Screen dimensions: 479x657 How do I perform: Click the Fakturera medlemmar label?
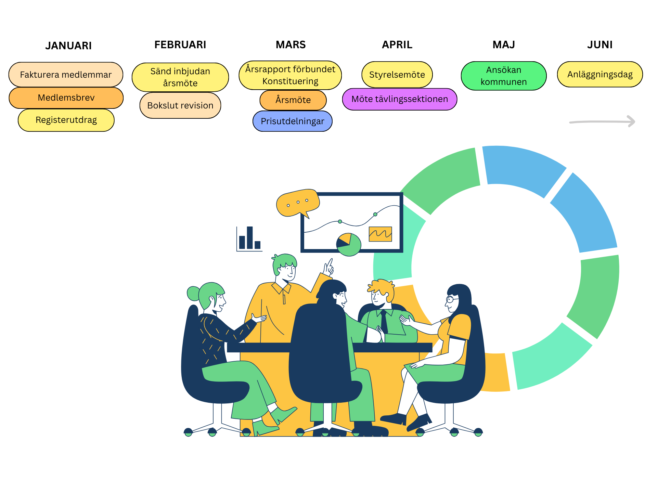[x=66, y=75]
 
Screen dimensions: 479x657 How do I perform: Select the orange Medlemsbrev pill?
[x=66, y=98]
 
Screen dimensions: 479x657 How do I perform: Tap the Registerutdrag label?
[x=66, y=120]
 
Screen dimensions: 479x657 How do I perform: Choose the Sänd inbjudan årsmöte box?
[x=180, y=77]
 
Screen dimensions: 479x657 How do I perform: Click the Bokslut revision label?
[x=180, y=105]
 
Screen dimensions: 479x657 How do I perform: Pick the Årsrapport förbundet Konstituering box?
[x=290, y=75]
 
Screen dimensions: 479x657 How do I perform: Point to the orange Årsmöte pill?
[x=293, y=100]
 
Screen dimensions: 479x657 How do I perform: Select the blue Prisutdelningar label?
[x=293, y=121]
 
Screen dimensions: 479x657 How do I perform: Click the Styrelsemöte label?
[x=397, y=75]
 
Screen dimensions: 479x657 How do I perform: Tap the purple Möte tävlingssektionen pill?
[x=400, y=99]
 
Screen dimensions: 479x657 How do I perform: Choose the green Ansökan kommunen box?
[x=504, y=76]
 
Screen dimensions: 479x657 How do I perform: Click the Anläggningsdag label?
[x=600, y=75]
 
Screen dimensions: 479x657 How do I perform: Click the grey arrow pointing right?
[x=602, y=121]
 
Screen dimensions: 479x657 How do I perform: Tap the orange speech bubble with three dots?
[x=297, y=203]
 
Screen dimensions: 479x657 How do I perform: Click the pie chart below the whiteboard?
[x=349, y=245]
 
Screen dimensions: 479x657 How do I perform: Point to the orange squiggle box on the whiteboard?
[x=380, y=234]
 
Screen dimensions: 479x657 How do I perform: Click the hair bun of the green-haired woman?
[x=193, y=293]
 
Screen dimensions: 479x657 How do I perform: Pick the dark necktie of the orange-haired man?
[x=384, y=322]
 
